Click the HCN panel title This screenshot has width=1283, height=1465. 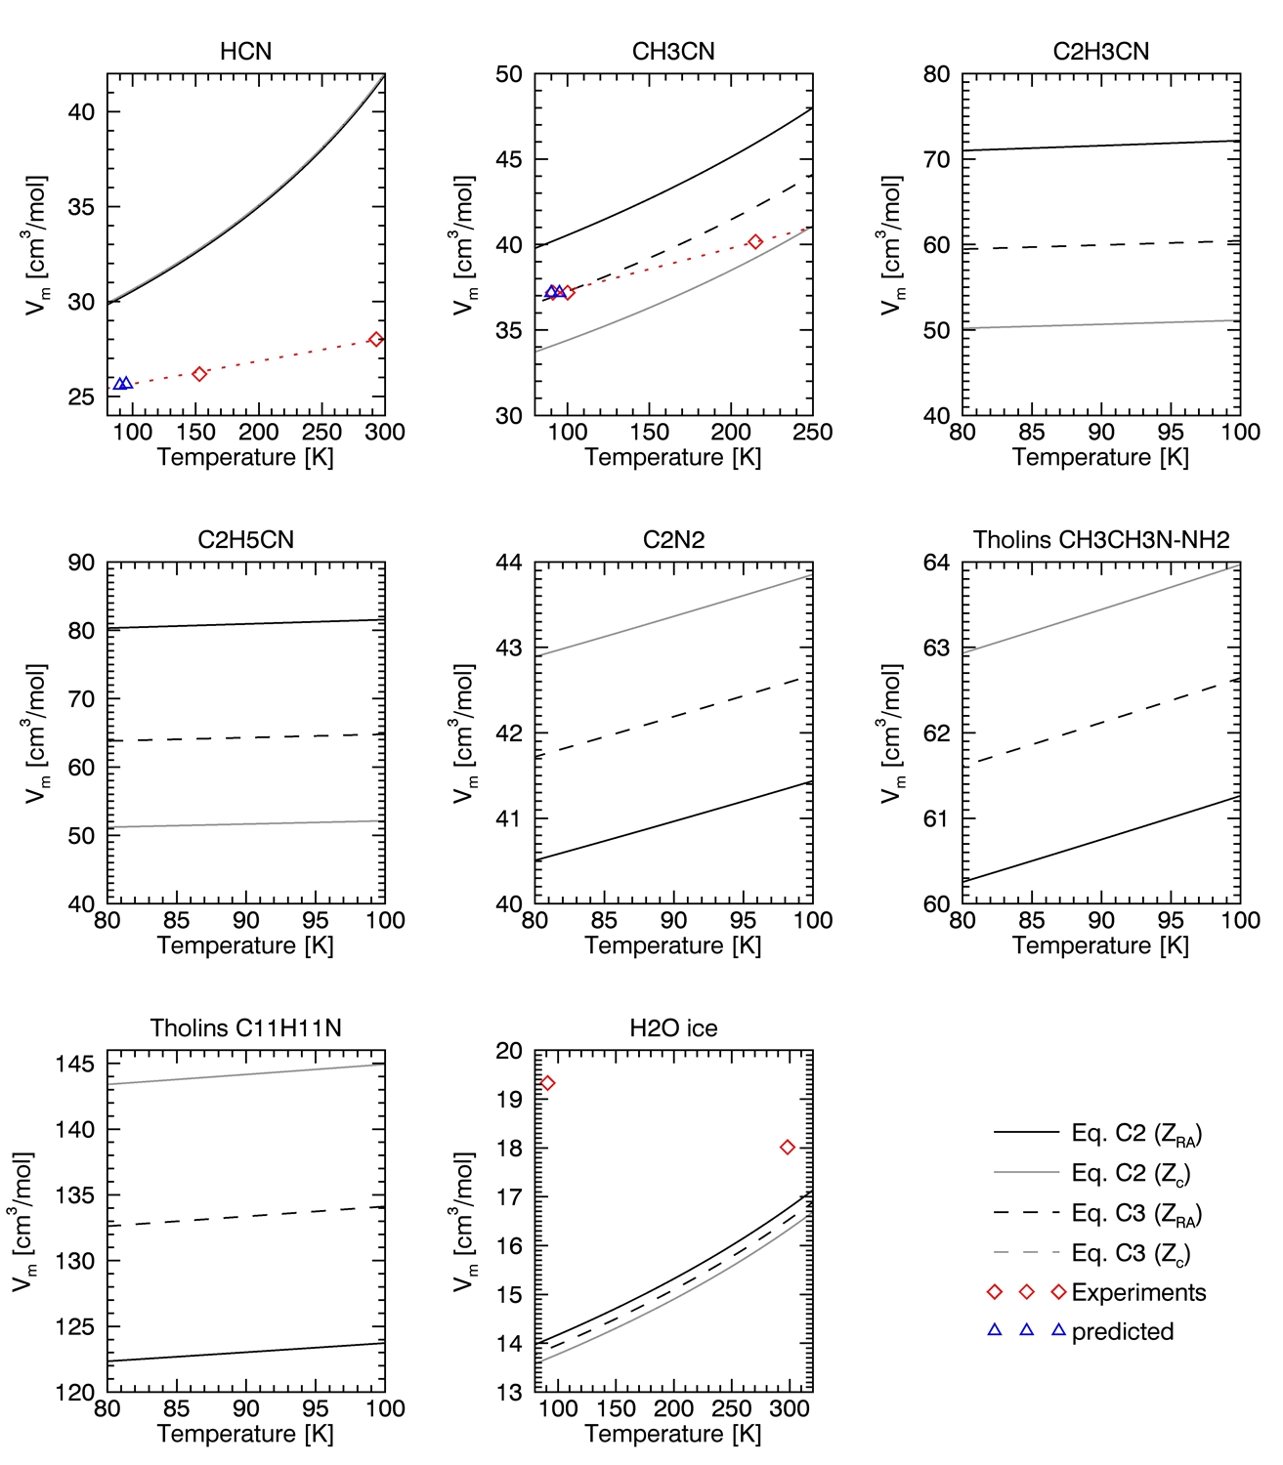[x=245, y=52]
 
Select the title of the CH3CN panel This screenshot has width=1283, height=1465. [x=673, y=52]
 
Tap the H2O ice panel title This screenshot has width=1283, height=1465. [x=673, y=1028]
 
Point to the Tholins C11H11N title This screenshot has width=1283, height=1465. [x=245, y=1028]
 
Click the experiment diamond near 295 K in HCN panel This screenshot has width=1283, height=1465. [x=376, y=340]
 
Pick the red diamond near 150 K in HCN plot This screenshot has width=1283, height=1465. [x=199, y=374]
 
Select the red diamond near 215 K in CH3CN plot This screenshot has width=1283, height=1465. [x=755, y=242]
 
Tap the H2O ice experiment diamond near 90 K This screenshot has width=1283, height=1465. [x=547, y=1083]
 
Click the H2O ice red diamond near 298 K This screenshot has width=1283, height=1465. [x=788, y=1148]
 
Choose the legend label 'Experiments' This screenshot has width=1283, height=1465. [x=1138, y=1292]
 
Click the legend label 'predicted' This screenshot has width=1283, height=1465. [x=1123, y=1331]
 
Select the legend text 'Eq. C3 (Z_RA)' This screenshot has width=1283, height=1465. [x=1136, y=1213]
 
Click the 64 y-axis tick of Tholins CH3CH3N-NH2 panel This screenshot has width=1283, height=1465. [x=936, y=563]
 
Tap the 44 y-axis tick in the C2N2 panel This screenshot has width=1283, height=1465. [x=508, y=563]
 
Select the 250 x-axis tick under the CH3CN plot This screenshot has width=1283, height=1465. [x=812, y=432]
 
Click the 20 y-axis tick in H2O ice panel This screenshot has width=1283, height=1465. [x=508, y=1051]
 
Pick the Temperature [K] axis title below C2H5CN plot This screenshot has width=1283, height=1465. [x=245, y=945]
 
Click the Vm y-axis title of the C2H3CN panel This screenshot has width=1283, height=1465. [x=892, y=245]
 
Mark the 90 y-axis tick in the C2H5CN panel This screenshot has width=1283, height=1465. [x=81, y=563]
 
